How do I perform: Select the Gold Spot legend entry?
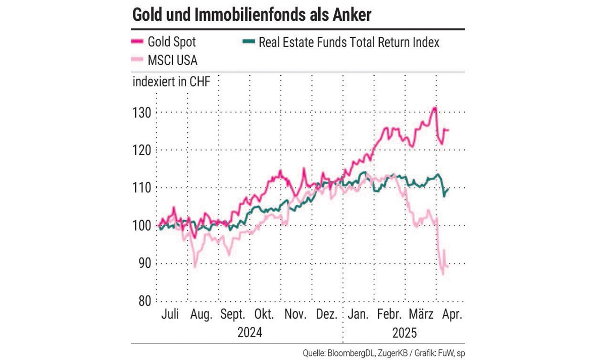[171, 42]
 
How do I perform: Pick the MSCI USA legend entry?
[172, 60]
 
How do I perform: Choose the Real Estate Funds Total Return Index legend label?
[349, 42]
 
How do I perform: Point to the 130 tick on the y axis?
[142, 113]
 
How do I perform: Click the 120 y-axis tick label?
[142, 150]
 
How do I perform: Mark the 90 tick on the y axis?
[144, 264]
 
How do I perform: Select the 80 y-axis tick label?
[144, 301]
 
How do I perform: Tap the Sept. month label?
[233, 315]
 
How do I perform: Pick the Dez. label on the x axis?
[327, 315]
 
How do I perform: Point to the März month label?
[422, 315]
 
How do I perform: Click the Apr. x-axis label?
[452, 315]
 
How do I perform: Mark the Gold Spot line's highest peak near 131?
[434, 108]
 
